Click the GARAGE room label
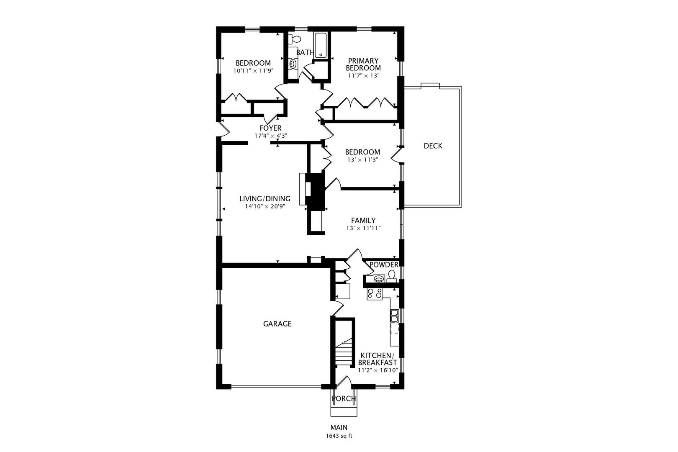tap(277, 324)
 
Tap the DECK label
tap(433, 146)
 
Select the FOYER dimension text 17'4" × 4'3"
tap(271, 136)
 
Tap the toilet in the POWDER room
tap(392, 275)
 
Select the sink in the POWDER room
tap(378, 279)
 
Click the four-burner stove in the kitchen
tap(375, 294)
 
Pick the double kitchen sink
tap(394, 316)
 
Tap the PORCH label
tap(344, 398)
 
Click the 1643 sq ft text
tap(339, 436)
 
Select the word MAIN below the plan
tap(339, 427)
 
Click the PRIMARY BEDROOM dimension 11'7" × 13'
tap(363, 76)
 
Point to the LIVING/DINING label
tap(265, 199)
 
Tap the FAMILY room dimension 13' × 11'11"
tap(363, 228)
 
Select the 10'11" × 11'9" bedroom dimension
tap(253, 71)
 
